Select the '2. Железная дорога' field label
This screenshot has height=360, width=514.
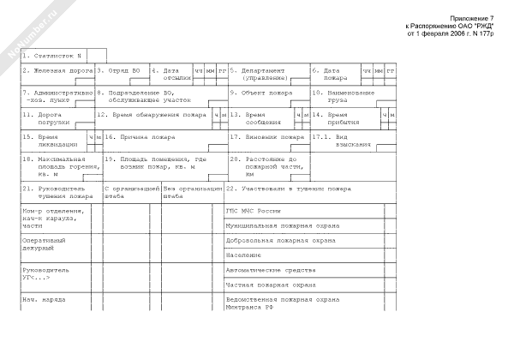(57, 70)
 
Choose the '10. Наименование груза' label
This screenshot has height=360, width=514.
(343, 96)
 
